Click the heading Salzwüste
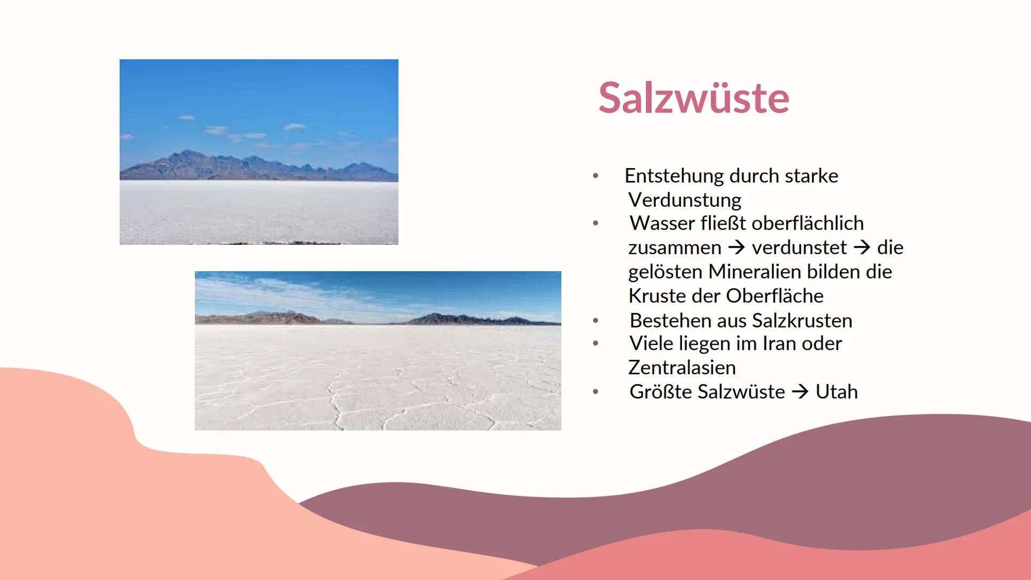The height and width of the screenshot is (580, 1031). (x=693, y=98)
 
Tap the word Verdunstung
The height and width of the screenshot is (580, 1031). (x=685, y=200)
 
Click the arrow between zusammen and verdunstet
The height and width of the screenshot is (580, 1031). (x=737, y=248)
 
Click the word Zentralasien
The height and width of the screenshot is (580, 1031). (x=682, y=368)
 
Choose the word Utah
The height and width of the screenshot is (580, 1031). (x=837, y=392)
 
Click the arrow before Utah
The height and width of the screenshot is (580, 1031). (x=800, y=392)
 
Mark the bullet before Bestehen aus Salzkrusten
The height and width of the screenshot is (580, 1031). (x=596, y=321)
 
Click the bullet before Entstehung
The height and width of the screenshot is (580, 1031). (x=596, y=176)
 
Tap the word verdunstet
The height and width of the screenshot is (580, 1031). (x=799, y=248)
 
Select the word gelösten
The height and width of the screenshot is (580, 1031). (x=665, y=272)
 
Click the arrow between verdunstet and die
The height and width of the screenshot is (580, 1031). (x=862, y=248)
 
